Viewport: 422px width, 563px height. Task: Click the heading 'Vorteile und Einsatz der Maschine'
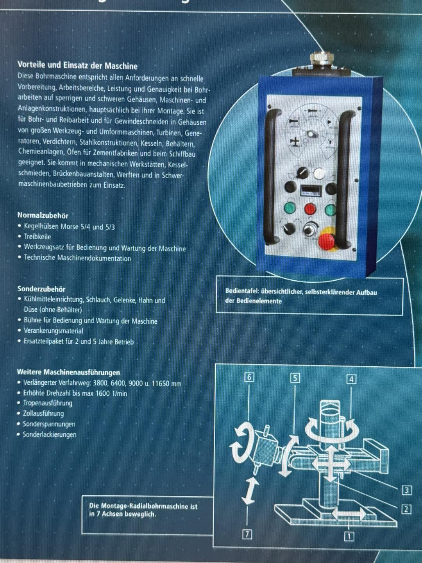(77, 66)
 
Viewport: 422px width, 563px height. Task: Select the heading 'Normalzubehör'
(43, 215)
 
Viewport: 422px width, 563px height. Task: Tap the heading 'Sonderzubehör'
(41, 289)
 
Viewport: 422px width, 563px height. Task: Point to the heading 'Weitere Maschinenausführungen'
(68, 372)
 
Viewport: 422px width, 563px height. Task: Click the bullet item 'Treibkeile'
(38, 237)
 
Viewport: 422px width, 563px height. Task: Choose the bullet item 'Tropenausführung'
(48, 403)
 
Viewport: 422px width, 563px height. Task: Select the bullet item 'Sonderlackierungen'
(50, 435)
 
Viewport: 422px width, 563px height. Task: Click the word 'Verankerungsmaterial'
(54, 331)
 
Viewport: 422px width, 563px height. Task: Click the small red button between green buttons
(310, 208)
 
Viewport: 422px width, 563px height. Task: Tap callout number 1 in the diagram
(349, 537)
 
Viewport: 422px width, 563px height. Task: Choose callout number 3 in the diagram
(407, 490)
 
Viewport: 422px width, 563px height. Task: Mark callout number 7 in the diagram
(247, 534)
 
